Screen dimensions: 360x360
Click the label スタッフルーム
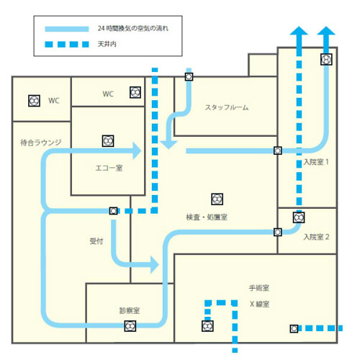pos(227,107)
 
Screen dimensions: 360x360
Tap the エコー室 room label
pos(109,168)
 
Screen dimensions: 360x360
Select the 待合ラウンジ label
pos(41,143)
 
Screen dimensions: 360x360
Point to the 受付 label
pos(96,241)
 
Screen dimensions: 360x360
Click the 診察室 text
pos(130,310)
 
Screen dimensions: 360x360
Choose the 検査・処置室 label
pos(207,217)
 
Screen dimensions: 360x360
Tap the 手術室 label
pos(259,288)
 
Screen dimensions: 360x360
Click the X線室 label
pos(259,304)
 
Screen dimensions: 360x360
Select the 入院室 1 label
pos(316,162)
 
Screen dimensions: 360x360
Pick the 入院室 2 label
pos(316,237)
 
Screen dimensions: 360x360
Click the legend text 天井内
pos(107,44)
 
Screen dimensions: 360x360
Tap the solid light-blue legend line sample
pos(67,29)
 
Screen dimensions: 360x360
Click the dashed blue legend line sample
pos(67,45)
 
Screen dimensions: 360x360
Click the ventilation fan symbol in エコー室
pos(108,141)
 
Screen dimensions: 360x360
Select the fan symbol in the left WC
pos(34,101)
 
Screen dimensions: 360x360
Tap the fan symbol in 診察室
pos(130,326)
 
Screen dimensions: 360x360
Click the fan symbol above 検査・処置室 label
pos(217,199)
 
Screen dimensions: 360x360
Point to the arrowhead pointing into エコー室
pos(137,150)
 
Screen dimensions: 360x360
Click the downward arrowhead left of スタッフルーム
pos(169,145)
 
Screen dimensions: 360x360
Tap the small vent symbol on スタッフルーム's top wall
pos(189,76)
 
